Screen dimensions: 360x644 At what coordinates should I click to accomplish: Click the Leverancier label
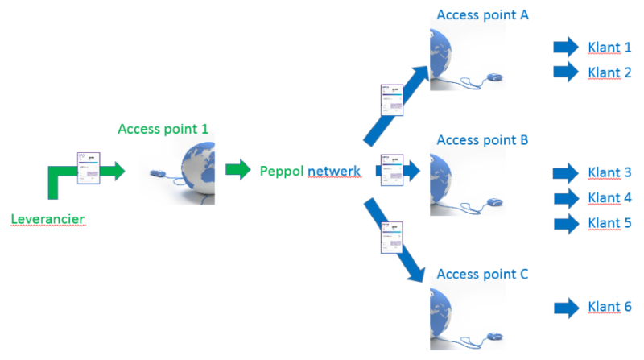[x=48, y=218]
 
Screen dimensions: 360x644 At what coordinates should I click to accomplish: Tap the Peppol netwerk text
[x=310, y=171]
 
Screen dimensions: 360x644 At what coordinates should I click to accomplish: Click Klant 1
[x=609, y=47]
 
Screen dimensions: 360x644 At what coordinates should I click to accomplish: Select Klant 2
[x=609, y=72]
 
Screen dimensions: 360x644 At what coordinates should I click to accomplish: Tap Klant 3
[x=609, y=172]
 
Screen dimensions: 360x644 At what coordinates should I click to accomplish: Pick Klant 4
[x=609, y=197]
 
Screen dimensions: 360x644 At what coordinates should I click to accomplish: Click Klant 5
[x=609, y=222]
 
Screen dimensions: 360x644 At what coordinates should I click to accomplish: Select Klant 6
[x=609, y=307]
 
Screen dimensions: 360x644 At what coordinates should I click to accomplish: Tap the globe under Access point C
[x=451, y=318]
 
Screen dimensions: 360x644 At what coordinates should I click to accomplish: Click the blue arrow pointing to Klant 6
[x=567, y=307]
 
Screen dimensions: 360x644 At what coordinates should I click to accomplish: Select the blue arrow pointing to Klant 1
[x=567, y=47]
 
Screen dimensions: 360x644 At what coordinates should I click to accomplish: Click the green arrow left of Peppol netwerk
[x=238, y=170]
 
